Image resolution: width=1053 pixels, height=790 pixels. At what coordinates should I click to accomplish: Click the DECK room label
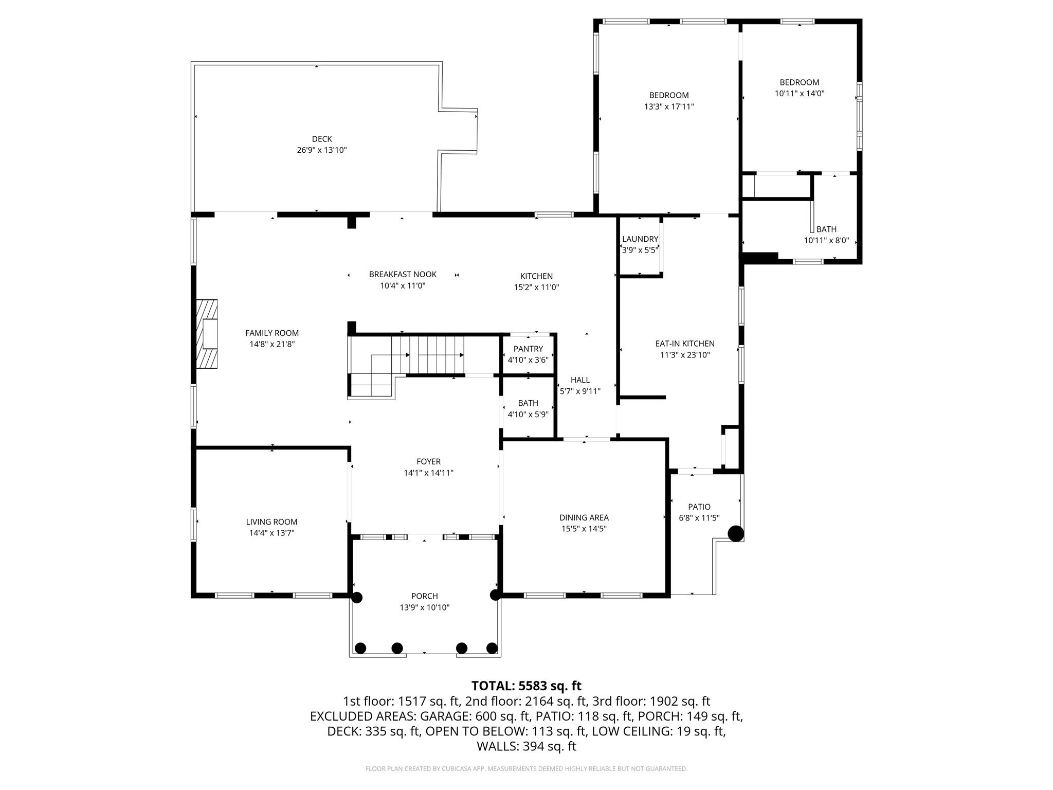coord(322,139)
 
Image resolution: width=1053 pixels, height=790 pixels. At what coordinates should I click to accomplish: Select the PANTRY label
coord(528,349)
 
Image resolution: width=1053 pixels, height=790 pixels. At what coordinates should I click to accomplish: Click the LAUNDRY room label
coord(640,239)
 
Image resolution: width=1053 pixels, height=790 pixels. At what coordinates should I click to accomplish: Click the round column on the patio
coord(736,534)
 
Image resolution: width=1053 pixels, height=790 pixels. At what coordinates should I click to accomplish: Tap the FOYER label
coord(428,462)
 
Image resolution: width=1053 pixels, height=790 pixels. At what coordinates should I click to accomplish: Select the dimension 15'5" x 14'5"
coord(584,529)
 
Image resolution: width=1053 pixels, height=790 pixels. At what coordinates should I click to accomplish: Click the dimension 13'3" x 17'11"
coord(669,106)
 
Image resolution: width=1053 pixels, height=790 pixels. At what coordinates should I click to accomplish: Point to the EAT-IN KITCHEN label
coord(685,344)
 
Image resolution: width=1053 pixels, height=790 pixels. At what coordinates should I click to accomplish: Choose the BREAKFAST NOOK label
coord(403,274)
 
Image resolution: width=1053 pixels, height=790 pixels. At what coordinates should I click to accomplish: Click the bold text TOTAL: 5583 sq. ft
coord(526,686)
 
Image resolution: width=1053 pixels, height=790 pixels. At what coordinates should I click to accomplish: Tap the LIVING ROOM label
coord(271,522)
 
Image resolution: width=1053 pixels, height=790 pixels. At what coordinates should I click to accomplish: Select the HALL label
coord(580,380)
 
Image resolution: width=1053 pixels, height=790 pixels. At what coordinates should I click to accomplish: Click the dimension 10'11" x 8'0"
coord(826,240)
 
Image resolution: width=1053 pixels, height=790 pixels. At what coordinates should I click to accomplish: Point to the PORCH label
coord(425,596)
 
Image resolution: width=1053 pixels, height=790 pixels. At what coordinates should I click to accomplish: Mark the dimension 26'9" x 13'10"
coord(322,150)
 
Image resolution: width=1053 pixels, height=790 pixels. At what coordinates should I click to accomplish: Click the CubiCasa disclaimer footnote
coord(526,769)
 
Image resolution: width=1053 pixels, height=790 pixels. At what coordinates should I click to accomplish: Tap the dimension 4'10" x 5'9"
coord(528,414)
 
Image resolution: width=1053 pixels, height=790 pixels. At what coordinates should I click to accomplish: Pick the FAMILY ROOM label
coord(272,333)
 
